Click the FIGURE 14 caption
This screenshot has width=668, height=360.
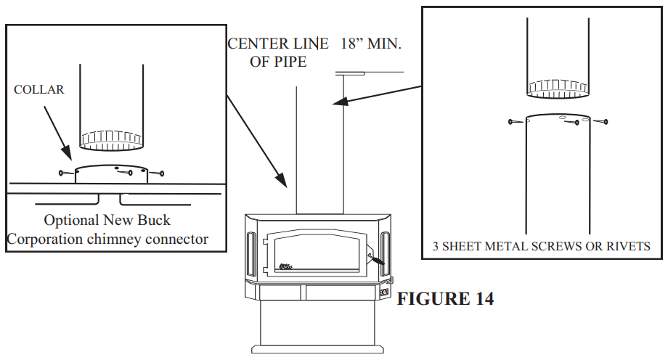(445, 298)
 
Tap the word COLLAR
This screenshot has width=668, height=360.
(39, 90)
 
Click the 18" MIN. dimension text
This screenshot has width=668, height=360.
(371, 44)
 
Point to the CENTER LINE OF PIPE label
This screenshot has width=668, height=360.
(278, 52)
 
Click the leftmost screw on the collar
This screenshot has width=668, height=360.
(64, 173)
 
